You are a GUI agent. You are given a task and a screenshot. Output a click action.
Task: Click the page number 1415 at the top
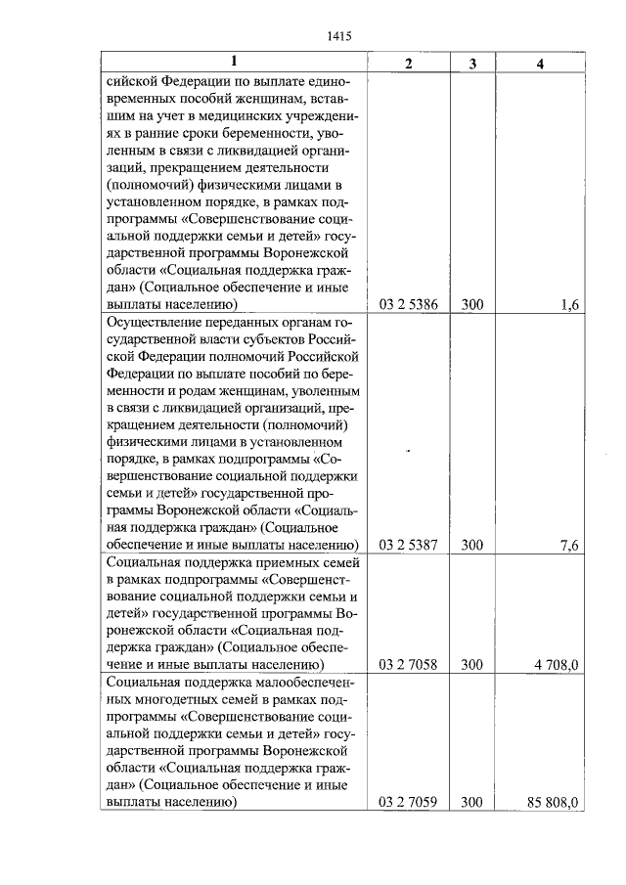[337, 36]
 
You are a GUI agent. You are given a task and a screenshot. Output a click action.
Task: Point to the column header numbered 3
[472, 64]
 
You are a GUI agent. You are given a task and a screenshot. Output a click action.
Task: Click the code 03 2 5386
[408, 304]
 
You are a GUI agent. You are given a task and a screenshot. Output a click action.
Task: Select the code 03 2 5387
[408, 545]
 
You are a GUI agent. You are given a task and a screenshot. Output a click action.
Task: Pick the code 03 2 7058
[408, 665]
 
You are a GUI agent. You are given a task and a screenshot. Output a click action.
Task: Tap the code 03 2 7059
[408, 803]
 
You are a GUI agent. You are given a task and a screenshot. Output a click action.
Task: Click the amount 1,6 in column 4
[570, 304]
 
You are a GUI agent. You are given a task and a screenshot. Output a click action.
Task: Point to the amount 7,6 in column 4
[570, 545]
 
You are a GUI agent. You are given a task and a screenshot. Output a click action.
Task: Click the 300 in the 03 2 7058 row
[472, 665]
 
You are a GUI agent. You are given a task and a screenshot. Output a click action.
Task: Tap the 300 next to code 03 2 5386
[472, 304]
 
